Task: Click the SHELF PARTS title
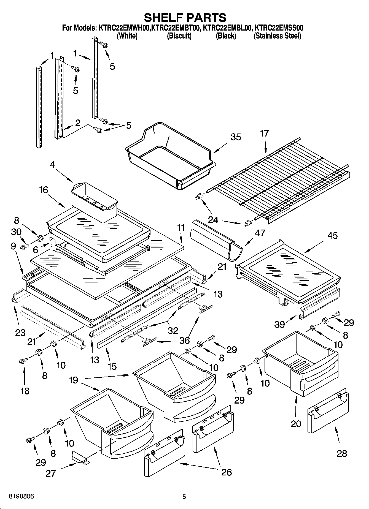tap(185, 18)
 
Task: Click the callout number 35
tap(236, 137)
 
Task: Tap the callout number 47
tap(260, 233)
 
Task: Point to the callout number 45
tap(332, 236)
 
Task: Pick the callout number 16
tap(44, 190)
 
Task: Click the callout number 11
tap(181, 228)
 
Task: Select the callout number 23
tap(20, 333)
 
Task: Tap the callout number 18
tap(25, 391)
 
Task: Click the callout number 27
tap(51, 473)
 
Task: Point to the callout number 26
tap(226, 472)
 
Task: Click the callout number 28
tap(342, 453)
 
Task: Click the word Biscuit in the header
tap(179, 36)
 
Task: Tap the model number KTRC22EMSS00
tap(279, 28)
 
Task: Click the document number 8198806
tap(21, 496)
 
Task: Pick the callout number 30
tap(16, 232)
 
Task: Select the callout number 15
tap(112, 366)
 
